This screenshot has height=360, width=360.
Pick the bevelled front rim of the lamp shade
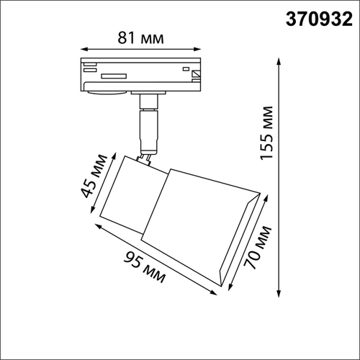238,241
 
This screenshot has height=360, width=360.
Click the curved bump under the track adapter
108,91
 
